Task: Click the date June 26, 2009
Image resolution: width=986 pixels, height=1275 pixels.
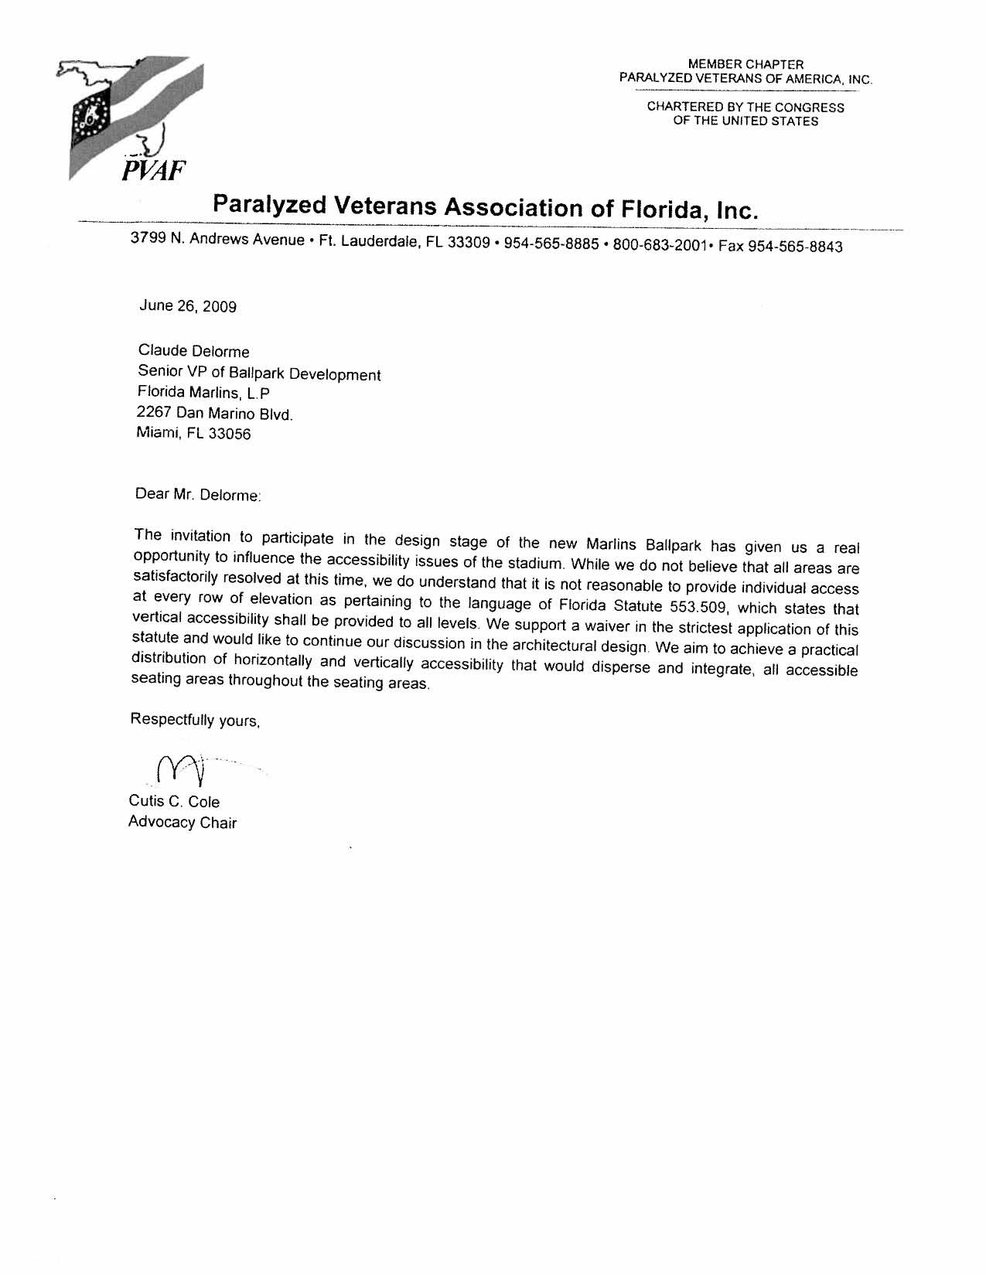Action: pyautogui.click(x=188, y=305)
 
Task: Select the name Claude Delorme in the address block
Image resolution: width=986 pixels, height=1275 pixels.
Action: pyautogui.click(x=193, y=352)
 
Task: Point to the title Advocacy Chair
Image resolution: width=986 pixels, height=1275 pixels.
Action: pyautogui.click(x=183, y=822)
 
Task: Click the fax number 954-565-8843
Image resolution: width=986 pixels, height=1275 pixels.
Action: pyautogui.click(x=798, y=247)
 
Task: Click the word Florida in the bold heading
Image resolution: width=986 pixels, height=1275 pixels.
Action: pyautogui.click(x=656, y=209)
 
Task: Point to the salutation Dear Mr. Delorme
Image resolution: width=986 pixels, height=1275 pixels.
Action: pyautogui.click(x=199, y=494)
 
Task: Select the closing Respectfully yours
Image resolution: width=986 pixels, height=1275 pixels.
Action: pyautogui.click(x=196, y=720)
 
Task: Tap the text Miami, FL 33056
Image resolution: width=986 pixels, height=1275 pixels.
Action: pyautogui.click(x=193, y=434)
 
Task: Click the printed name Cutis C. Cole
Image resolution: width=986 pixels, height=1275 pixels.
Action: pyautogui.click(x=174, y=802)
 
